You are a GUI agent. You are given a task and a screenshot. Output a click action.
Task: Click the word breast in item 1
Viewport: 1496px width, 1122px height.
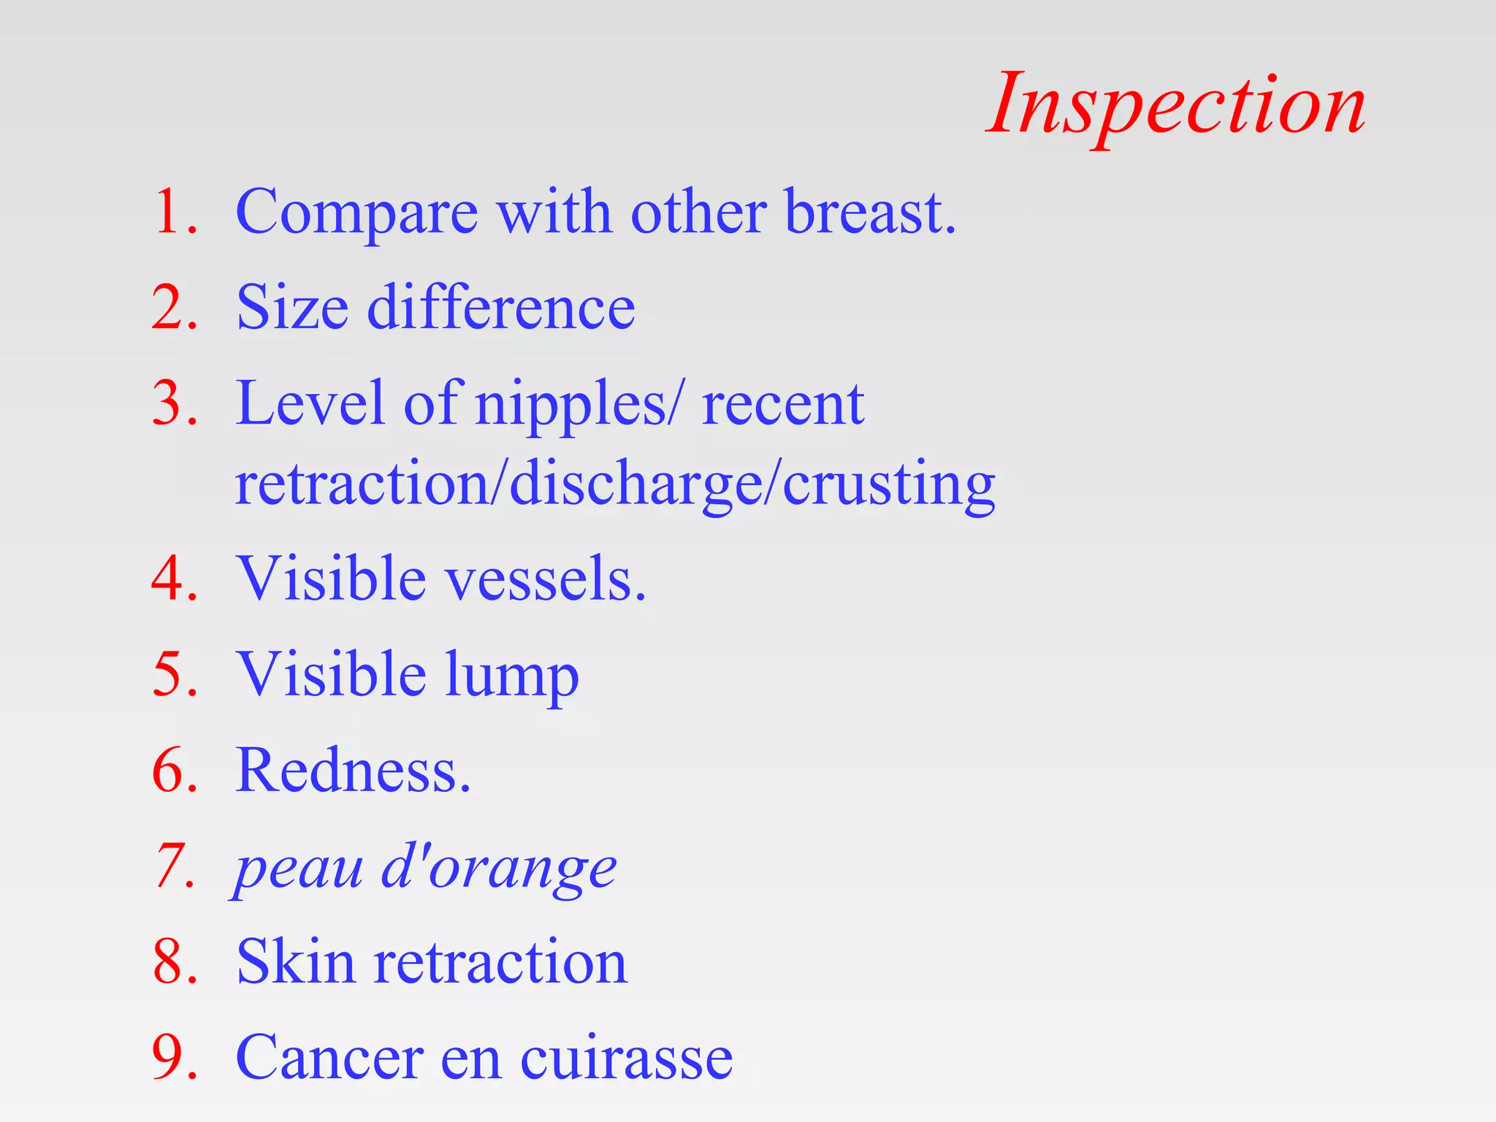(869, 213)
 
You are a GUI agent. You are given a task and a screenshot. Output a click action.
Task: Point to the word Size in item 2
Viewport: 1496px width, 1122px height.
(292, 308)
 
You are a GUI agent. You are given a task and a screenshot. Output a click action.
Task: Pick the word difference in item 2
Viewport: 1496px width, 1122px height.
(501, 308)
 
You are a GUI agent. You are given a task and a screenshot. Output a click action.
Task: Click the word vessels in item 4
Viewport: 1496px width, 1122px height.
(545, 579)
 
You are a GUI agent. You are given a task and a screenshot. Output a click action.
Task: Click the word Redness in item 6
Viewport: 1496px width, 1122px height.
(353, 771)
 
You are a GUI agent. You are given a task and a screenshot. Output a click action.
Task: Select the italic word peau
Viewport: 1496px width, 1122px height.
(299, 869)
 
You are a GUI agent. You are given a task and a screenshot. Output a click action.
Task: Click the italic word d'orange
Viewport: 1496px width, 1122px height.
(499, 868)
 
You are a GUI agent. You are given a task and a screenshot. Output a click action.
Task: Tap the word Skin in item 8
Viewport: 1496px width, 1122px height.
(295, 962)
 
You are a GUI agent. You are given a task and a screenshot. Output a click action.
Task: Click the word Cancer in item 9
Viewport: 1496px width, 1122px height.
(329, 1057)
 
